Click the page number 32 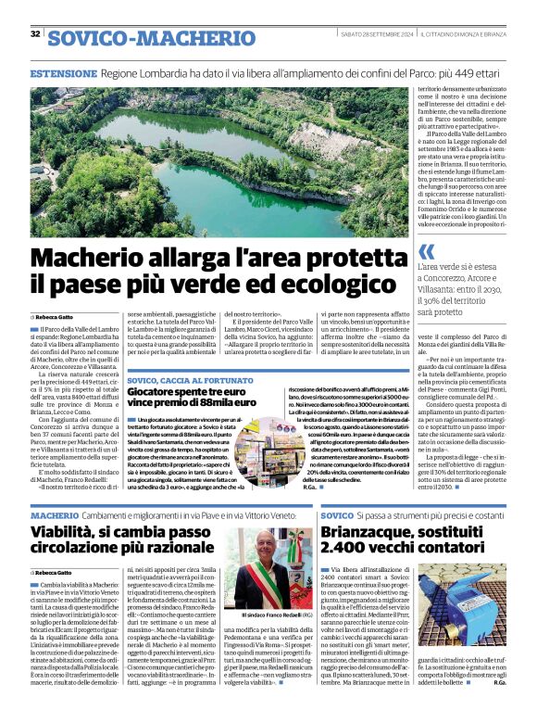click(35, 34)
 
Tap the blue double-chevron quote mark click(426, 252)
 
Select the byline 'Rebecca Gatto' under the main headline click(56, 317)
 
